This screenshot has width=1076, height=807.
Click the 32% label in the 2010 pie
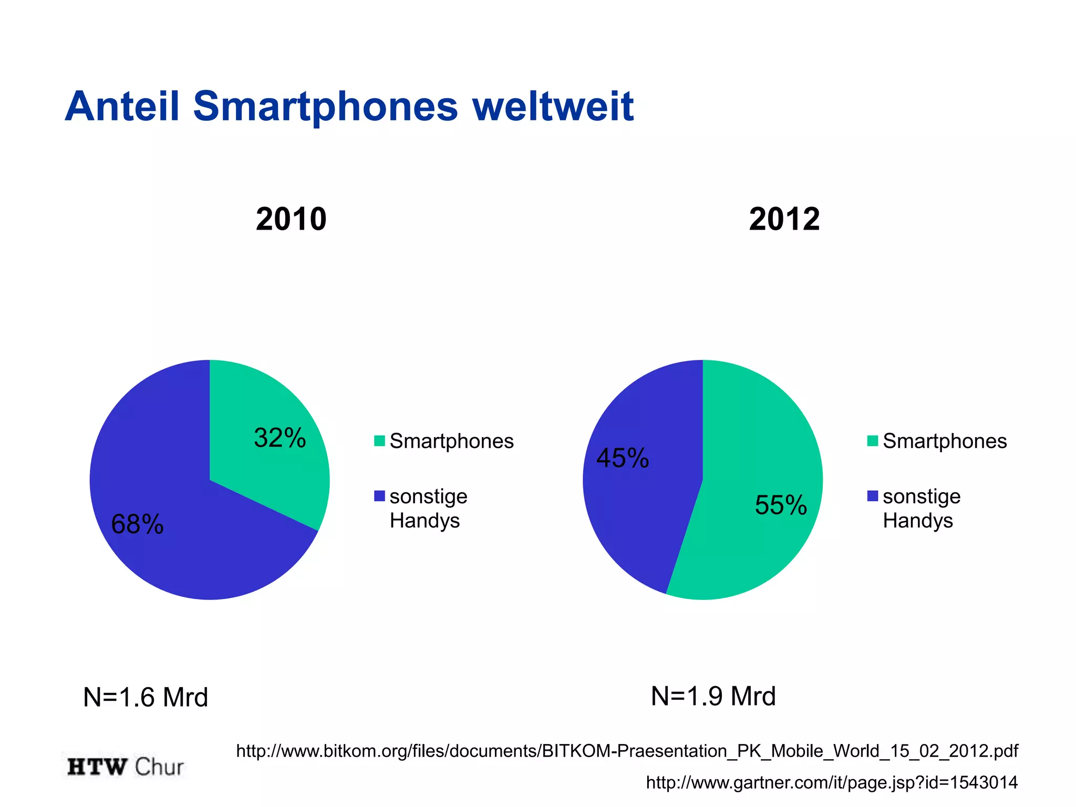(x=280, y=438)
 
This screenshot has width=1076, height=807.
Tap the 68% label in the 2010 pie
(x=137, y=524)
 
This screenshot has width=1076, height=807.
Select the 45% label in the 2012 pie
(x=623, y=458)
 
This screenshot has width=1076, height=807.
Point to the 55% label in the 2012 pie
(x=781, y=505)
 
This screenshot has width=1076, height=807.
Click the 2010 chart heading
(x=291, y=219)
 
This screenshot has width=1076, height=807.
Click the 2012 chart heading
(x=784, y=219)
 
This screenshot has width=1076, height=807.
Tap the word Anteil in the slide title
(x=122, y=107)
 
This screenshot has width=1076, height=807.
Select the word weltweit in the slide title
(x=553, y=107)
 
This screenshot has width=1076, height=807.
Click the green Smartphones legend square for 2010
(x=379, y=441)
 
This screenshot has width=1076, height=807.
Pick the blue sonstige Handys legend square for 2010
(x=379, y=496)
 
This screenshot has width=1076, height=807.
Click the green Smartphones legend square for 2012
(x=872, y=441)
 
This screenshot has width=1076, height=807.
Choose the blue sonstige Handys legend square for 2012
(x=872, y=496)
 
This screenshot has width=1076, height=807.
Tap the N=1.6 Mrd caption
(x=146, y=697)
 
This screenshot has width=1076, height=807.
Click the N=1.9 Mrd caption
(x=713, y=696)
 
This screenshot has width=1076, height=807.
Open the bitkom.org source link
(x=627, y=751)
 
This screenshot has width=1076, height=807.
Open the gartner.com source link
(x=832, y=782)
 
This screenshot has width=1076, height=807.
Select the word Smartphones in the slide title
(x=326, y=107)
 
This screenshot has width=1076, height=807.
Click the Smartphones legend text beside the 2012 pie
(x=945, y=441)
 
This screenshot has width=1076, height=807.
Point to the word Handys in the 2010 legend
(x=425, y=521)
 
